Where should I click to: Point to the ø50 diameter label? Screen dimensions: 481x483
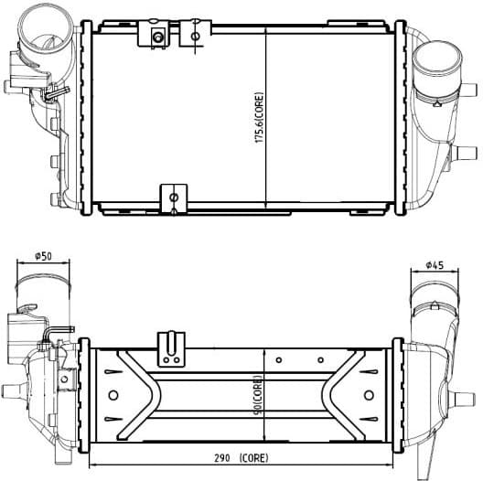(42, 257)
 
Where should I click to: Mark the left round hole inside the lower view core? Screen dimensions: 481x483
(113, 395)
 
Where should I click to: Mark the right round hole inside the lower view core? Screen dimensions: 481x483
(369, 395)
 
